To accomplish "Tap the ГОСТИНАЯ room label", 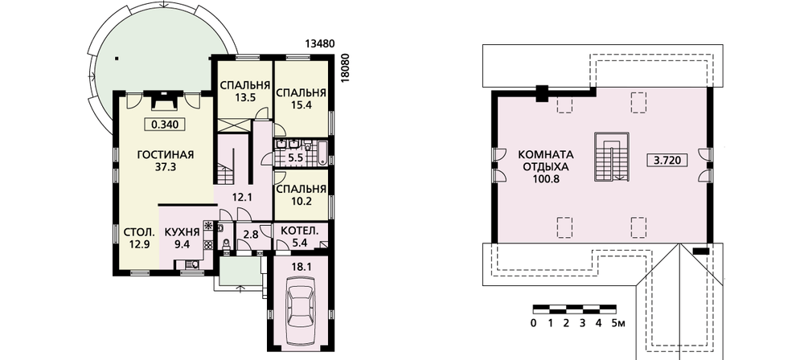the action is click(x=164, y=155).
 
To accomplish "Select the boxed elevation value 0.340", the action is click(x=165, y=124).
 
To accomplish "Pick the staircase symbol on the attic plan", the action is click(x=612, y=157).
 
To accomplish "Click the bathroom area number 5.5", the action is click(x=295, y=158).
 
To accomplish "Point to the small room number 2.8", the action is click(x=250, y=235).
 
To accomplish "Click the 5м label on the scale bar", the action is click(x=619, y=324).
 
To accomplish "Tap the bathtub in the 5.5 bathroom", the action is click(x=323, y=152).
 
